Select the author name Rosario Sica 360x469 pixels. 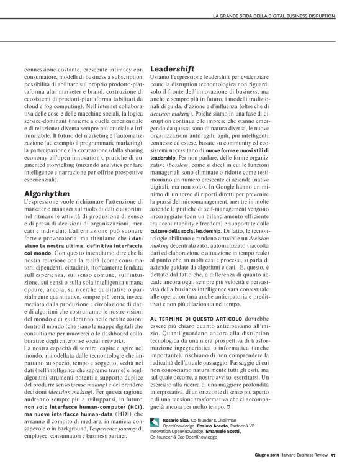[178, 421]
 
